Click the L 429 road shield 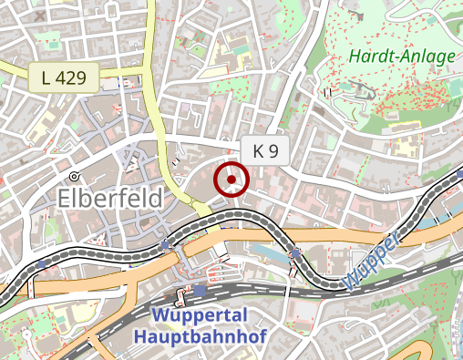click(63, 77)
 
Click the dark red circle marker click(231, 180)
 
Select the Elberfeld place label click(109, 198)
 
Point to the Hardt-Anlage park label click(401, 57)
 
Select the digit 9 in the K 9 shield click(272, 152)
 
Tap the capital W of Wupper click(355, 277)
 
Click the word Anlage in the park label click(427, 57)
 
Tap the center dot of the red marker click(231, 180)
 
